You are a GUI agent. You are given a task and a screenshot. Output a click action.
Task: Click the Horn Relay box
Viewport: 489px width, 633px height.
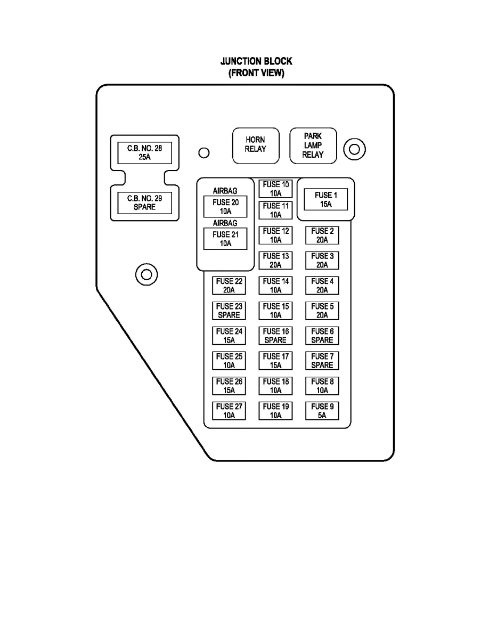point(256,146)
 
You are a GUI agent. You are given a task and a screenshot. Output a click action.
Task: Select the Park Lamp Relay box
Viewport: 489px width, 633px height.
point(313,146)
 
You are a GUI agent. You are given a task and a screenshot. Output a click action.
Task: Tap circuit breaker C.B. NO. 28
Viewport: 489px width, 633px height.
point(144,152)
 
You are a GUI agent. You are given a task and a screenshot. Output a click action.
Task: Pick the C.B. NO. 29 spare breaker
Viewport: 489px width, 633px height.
point(144,202)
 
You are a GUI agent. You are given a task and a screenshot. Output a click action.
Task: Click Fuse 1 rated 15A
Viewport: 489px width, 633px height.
point(325,199)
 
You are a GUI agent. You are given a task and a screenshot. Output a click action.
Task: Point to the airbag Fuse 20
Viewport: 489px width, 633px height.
point(225,207)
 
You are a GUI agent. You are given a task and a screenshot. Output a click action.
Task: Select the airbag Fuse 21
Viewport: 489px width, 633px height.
point(225,239)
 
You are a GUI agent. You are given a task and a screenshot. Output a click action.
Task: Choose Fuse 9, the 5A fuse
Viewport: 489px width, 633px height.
point(322,411)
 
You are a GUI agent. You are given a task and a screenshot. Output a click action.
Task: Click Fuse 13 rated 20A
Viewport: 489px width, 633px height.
point(275,261)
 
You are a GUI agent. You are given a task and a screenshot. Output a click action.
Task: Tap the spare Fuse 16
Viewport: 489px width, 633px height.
point(275,336)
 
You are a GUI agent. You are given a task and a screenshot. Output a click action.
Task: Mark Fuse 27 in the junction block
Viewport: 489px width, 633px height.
point(229,411)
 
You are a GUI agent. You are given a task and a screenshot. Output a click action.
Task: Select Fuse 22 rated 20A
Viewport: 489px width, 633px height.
point(229,286)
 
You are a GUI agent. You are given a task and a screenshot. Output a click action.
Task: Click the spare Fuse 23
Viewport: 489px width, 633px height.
point(229,311)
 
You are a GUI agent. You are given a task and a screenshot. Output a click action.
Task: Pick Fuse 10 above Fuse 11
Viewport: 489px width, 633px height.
point(275,189)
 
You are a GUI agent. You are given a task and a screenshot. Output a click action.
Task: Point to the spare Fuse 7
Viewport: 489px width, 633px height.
point(322,361)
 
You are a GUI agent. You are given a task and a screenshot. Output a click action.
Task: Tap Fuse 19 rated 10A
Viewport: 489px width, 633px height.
point(275,411)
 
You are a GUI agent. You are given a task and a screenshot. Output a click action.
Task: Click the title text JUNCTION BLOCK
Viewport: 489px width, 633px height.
point(256,61)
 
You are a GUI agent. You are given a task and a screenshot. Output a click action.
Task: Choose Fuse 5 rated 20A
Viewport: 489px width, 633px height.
point(322,311)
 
